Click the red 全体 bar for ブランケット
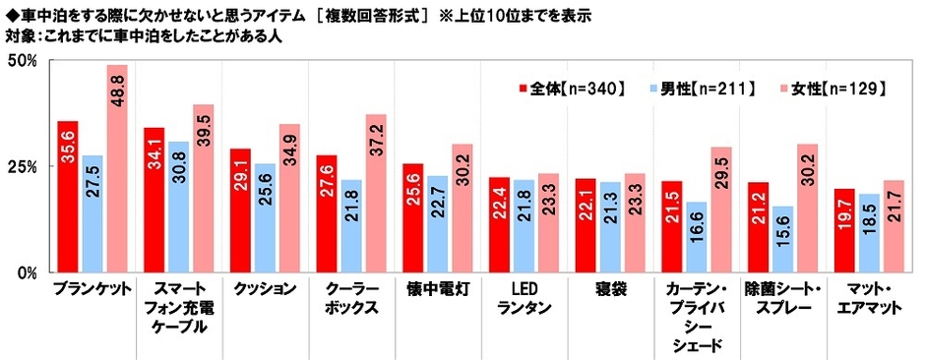(x=68, y=197)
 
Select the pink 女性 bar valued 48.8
(x=117, y=168)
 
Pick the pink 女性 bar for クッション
(x=289, y=198)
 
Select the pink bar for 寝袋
(x=635, y=222)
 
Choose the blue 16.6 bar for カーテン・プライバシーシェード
(x=697, y=236)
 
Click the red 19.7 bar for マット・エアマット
(x=844, y=230)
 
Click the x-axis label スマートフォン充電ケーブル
(x=178, y=306)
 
